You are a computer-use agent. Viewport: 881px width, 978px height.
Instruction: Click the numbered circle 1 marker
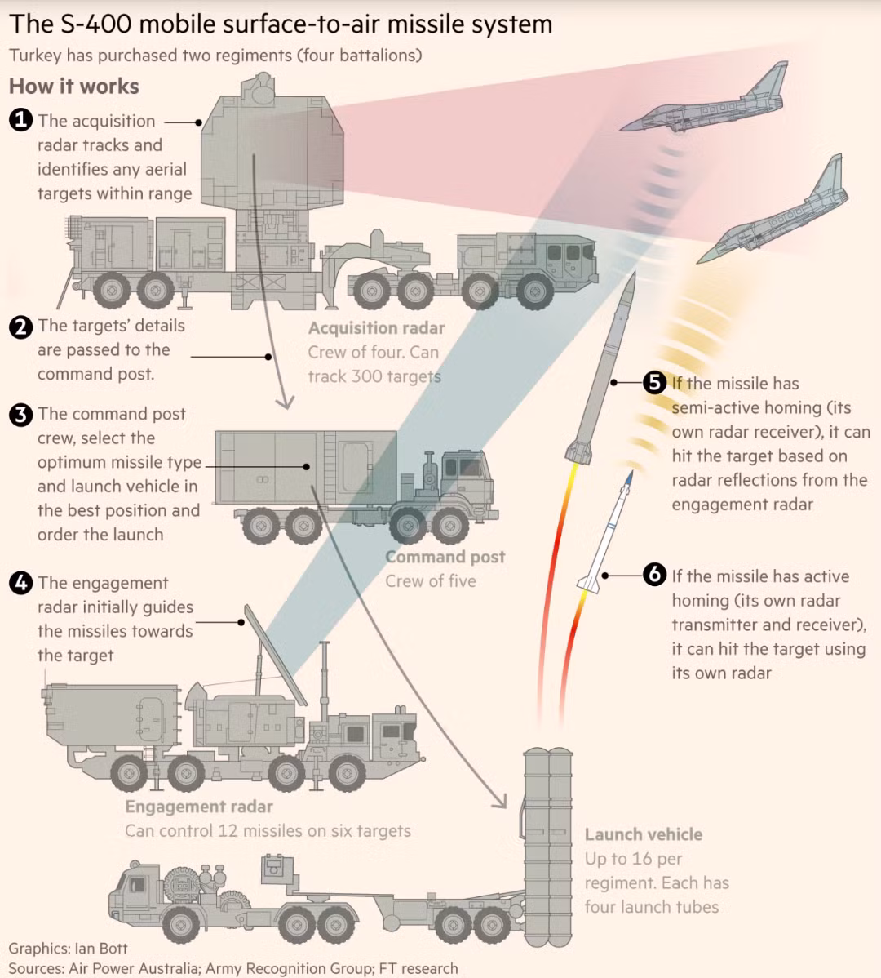[x=20, y=121]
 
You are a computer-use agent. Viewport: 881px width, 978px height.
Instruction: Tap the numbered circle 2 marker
[x=20, y=327]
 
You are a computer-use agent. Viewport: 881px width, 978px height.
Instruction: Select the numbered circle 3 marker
[x=20, y=415]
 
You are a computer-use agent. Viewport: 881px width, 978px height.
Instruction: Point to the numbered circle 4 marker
[x=20, y=583]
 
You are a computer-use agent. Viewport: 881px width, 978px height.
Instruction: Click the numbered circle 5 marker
[x=654, y=382]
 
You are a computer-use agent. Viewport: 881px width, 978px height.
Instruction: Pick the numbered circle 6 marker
[x=654, y=576]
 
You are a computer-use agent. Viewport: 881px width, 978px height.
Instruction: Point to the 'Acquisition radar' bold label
[x=376, y=328]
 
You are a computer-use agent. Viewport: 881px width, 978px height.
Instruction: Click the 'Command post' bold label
[x=445, y=557]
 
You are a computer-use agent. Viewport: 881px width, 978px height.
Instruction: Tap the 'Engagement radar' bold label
[x=198, y=807]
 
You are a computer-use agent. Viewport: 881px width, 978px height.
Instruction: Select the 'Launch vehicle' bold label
[x=643, y=834]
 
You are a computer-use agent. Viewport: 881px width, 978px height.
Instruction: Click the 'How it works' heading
[x=73, y=87]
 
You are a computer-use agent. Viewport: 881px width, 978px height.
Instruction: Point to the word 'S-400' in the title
[x=96, y=24]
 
